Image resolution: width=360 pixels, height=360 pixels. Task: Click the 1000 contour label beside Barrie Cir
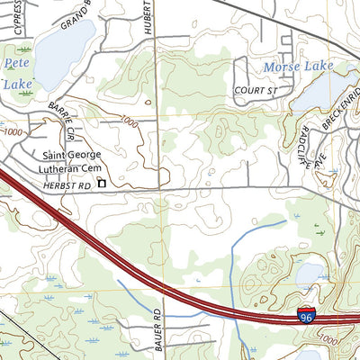pyautogui.click(x=128, y=121)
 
